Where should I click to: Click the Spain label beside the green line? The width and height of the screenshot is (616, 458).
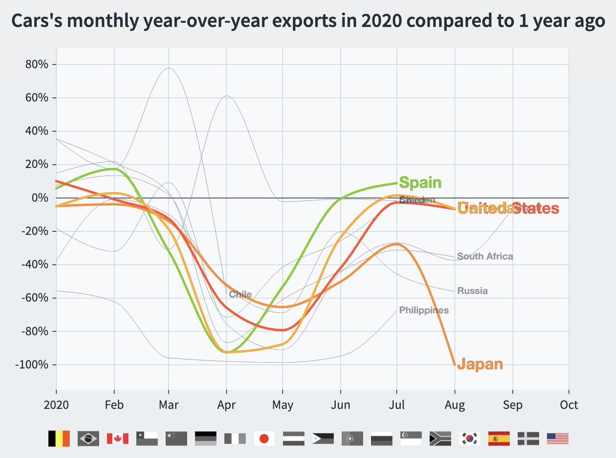(x=420, y=183)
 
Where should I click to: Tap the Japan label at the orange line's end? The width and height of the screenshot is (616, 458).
(x=479, y=364)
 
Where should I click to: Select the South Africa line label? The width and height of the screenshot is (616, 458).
(x=485, y=256)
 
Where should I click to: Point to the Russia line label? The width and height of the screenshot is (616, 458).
(x=472, y=291)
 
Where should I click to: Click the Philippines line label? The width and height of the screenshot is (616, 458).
(x=423, y=310)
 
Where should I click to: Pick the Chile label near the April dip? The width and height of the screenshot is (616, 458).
(x=240, y=294)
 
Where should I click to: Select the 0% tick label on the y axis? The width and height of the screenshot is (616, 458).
(x=38, y=198)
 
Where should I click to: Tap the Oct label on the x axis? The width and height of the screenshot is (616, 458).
(x=569, y=405)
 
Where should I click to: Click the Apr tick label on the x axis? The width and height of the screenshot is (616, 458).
(x=226, y=405)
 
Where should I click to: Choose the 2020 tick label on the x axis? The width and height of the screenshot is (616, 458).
(x=56, y=405)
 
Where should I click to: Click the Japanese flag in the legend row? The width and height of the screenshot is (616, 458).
(x=264, y=439)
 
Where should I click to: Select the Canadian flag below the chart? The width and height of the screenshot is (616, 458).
(x=117, y=439)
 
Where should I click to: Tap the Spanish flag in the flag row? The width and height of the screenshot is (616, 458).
(x=498, y=439)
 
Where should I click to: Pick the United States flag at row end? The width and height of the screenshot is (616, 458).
(x=557, y=439)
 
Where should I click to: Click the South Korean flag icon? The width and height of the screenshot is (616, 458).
(x=469, y=439)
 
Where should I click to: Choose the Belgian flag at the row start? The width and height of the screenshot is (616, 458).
(x=59, y=439)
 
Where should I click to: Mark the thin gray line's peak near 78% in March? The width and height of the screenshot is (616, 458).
(x=169, y=68)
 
